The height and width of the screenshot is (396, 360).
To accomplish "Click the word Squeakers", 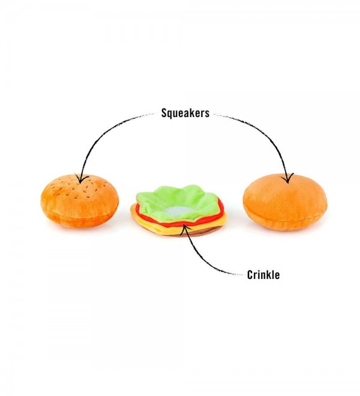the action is click(x=185, y=113).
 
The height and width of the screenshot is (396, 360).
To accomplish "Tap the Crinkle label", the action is click(x=263, y=275).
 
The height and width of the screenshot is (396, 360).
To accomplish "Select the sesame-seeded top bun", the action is click(x=80, y=201).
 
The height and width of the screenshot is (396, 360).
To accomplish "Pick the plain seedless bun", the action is click(x=285, y=202).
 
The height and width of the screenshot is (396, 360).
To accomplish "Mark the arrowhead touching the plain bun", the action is click(x=287, y=178).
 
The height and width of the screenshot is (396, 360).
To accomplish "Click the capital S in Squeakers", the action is click(x=164, y=113).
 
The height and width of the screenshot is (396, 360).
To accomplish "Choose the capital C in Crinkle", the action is click(x=250, y=275).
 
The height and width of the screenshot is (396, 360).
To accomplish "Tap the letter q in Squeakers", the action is click(x=171, y=114).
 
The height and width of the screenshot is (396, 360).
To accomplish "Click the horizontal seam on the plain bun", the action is click(x=286, y=218).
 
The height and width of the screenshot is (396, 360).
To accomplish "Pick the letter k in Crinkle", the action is click(x=269, y=275).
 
